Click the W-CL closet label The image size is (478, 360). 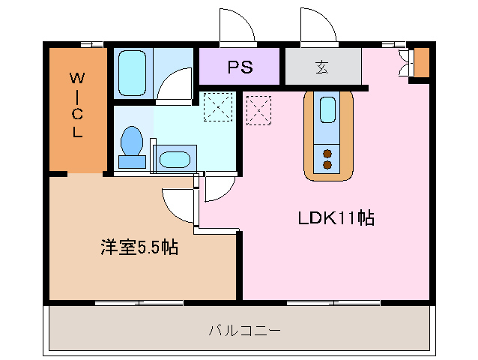click(77, 105)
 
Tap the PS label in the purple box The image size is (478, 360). click(240, 67)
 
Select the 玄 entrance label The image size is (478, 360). click(321, 67)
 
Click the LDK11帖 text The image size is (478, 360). click(336, 218)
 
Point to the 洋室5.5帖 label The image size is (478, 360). click(139, 247)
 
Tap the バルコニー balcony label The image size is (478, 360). click(244, 330)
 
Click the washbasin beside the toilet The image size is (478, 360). click(175, 159)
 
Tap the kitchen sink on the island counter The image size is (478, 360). click(328, 109)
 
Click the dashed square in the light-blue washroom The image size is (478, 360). click(218, 106)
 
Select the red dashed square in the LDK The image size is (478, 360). click(259, 109)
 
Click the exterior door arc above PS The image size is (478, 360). click(235, 27)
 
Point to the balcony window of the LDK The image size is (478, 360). click(334, 303)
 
